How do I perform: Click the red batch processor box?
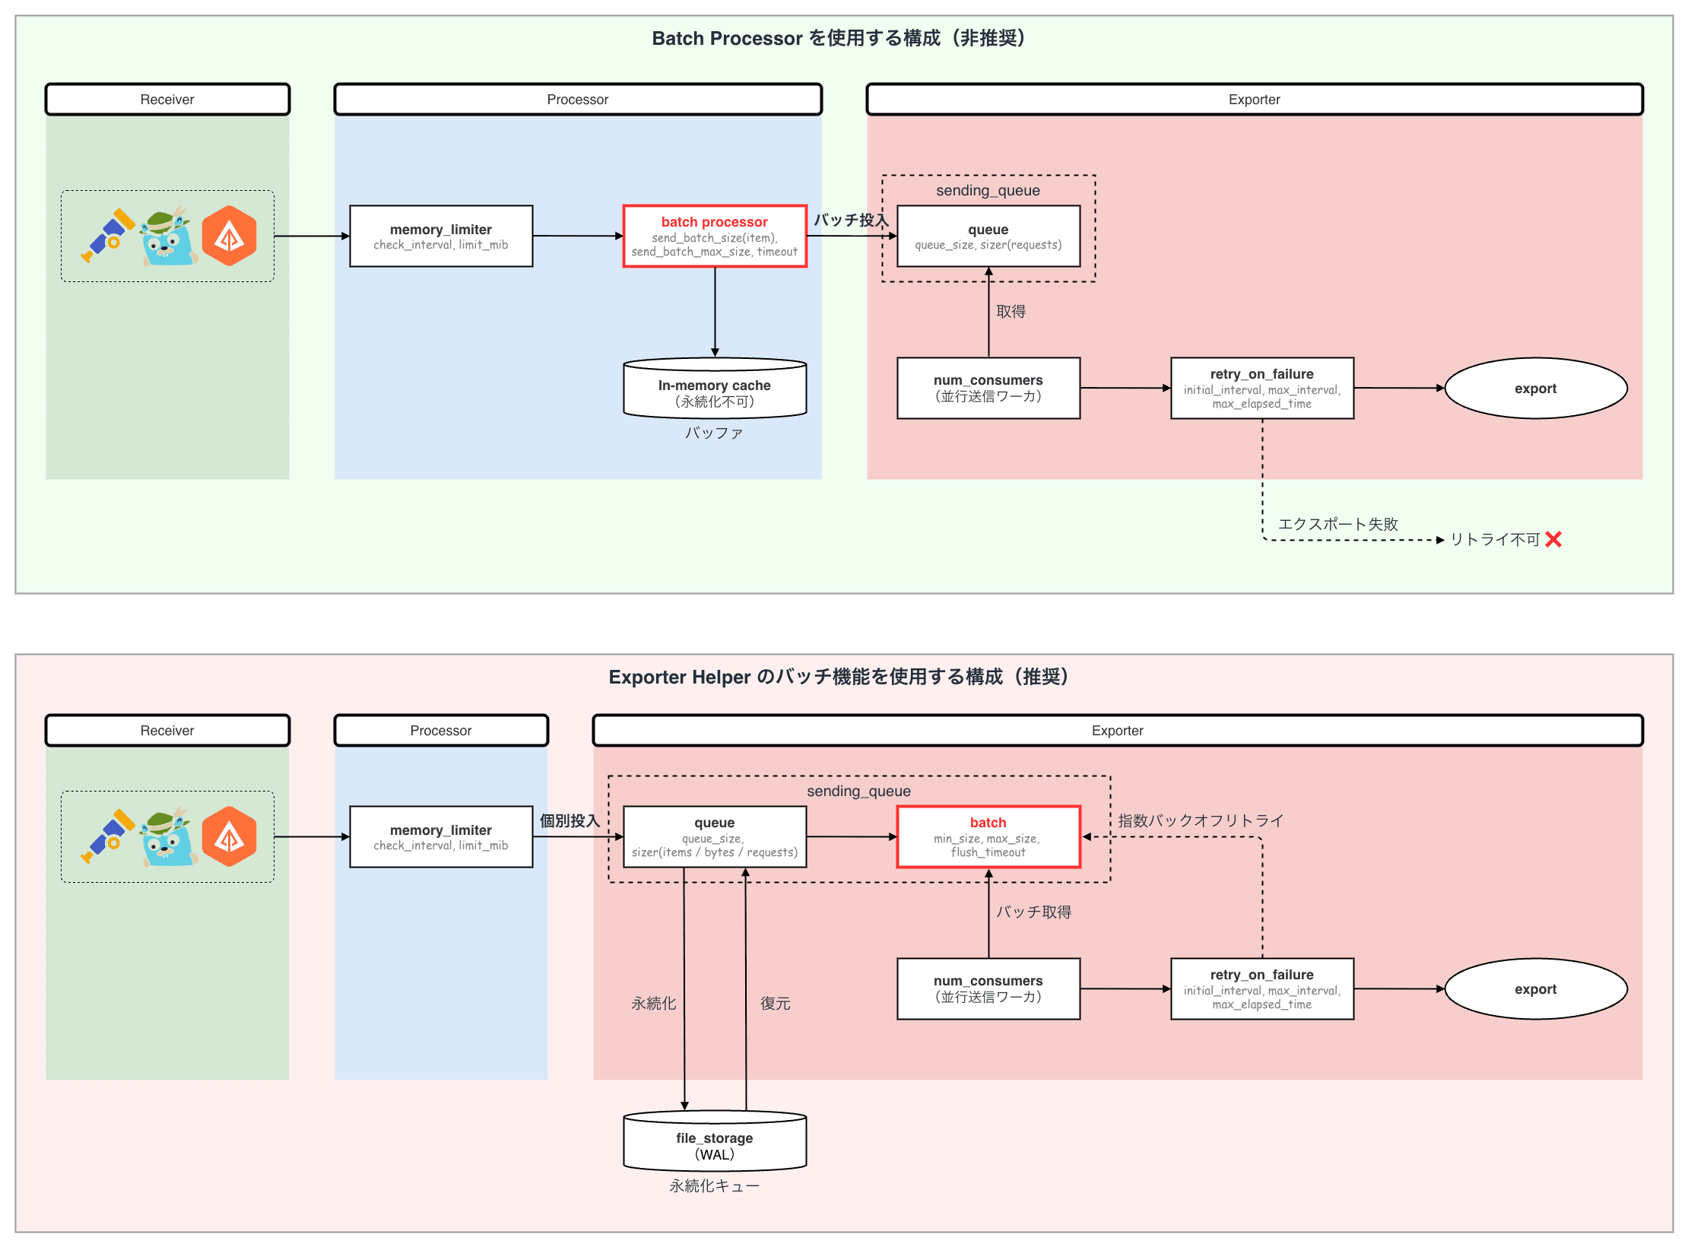[714, 236]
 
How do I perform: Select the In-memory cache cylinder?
[714, 389]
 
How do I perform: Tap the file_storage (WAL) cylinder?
[714, 1142]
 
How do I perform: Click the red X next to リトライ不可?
[1553, 539]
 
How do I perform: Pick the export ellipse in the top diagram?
[1535, 388]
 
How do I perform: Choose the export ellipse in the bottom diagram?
[1535, 988]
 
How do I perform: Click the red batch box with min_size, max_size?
[988, 836]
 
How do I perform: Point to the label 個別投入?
[570, 820]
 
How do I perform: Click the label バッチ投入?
[850, 220]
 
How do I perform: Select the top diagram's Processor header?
[577, 100]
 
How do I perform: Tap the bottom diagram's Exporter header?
[1117, 731]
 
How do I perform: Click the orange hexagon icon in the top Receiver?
[229, 236]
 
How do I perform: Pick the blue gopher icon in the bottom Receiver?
[169, 837]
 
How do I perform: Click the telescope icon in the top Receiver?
[107, 235]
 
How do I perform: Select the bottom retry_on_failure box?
[1261, 988]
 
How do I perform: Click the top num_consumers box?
[988, 388]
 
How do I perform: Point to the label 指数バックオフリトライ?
[1200, 820]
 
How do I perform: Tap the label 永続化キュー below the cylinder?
[714, 1185]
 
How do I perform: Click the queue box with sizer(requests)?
[988, 236]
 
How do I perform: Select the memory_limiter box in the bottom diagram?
[440, 836]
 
